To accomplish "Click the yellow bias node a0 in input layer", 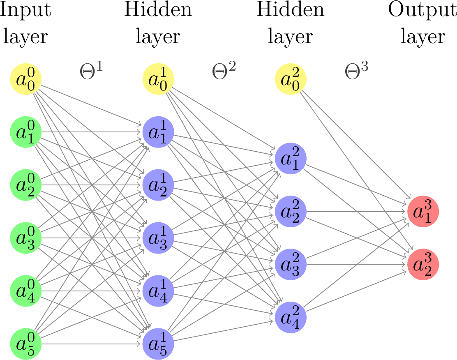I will click(x=26, y=79).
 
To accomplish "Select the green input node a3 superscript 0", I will click(x=26, y=238).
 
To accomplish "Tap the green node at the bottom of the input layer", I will click(x=26, y=344).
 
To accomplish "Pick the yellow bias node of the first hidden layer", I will click(x=158, y=79).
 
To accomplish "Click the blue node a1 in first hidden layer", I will click(x=158, y=132).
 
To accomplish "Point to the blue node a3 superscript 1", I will click(x=158, y=238).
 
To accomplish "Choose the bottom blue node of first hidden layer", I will click(x=158, y=344).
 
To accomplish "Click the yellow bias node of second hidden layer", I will click(x=291, y=79).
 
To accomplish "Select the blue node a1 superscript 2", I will click(x=291, y=159).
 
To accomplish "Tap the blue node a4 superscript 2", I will click(x=291, y=317).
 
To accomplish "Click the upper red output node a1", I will click(x=423, y=212).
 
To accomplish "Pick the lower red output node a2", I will click(x=423, y=265).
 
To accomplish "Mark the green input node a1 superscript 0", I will click(x=26, y=132).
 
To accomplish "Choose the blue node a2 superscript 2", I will click(x=291, y=212).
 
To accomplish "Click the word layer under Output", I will click(x=423, y=36).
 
